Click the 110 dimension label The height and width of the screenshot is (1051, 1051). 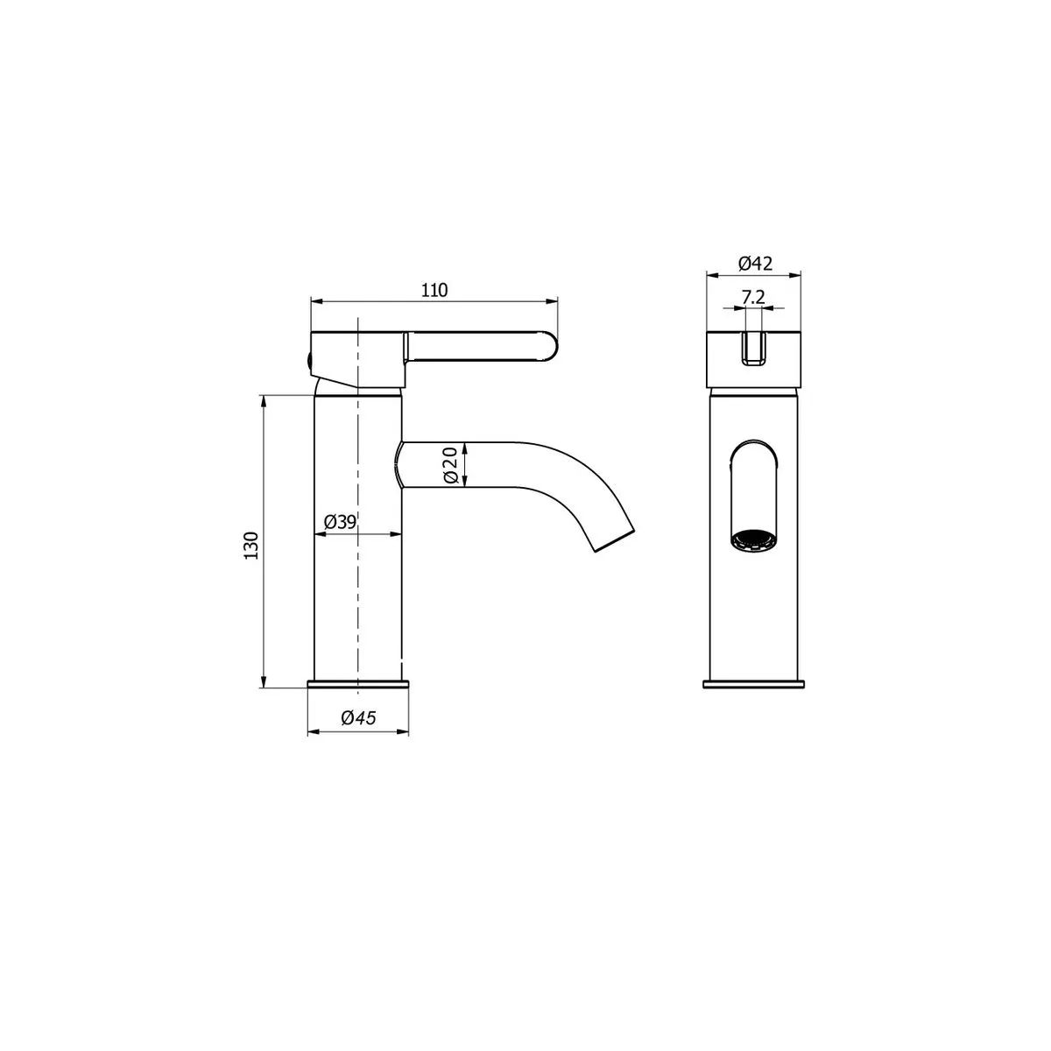coord(435,290)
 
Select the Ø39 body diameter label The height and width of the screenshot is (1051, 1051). coord(340,522)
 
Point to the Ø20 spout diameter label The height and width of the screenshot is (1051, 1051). coord(450,464)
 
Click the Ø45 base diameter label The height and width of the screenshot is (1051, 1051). coord(358,718)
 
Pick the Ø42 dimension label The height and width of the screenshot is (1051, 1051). coord(754,263)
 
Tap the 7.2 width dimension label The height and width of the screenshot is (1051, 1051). coord(753,297)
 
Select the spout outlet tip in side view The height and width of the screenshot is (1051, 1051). coord(614,540)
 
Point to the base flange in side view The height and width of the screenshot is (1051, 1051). coord(358,683)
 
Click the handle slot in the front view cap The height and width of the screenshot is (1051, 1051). coord(753,349)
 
